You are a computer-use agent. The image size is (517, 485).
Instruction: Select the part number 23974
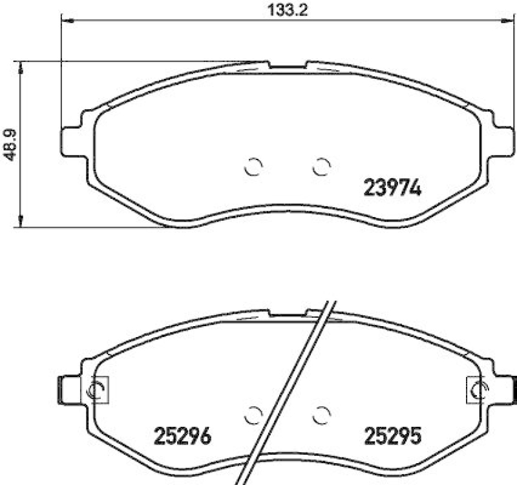tap(392, 188)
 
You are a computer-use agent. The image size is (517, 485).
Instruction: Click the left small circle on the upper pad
tap(254, 167)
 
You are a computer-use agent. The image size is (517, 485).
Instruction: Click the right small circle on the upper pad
tap(321, 167)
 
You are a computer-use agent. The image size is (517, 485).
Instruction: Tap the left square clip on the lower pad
tap(98, 388)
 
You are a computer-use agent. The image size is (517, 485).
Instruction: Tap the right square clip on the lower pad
tap(478, 389)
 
